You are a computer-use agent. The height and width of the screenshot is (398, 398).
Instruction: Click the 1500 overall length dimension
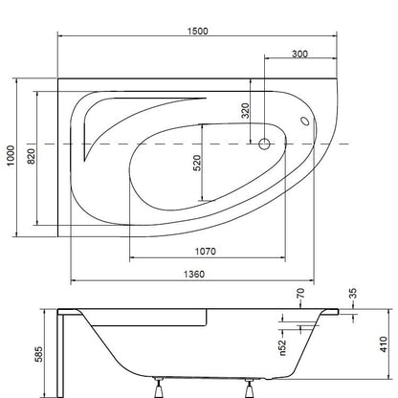click(198, 31)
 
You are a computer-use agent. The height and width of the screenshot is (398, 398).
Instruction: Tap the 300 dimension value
click(299, 54)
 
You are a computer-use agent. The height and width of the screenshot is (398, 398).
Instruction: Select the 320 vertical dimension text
click(245, 111)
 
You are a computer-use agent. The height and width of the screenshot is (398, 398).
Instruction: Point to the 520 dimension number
click(197, 163)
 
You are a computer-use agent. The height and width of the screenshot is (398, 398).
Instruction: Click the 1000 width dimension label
click(11, 156)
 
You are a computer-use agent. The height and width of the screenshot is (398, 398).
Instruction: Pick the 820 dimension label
click(32, 156)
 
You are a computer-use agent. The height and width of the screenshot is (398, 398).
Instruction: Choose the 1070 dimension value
click(206, 252)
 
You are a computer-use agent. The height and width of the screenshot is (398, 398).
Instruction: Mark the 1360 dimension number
click(194, 274)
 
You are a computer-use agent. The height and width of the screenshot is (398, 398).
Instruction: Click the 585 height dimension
click(38, 354)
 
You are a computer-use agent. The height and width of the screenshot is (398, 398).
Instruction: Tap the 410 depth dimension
click(384, 344)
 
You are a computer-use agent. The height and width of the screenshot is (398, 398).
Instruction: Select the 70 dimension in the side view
click(300, 293)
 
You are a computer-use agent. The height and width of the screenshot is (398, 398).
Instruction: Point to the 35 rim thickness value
click(353, 293)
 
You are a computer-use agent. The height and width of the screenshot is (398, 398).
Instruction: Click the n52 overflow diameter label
click(282, 347)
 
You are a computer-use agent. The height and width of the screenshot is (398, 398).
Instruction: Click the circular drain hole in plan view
click(264, 144)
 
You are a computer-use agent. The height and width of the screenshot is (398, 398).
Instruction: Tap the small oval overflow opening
click(305, 122)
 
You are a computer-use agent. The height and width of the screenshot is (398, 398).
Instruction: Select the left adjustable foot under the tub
click(159, 387)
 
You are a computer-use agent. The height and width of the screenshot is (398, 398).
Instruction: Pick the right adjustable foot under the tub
click(249, 387)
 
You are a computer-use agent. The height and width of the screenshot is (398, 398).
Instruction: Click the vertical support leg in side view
click(60, 355)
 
